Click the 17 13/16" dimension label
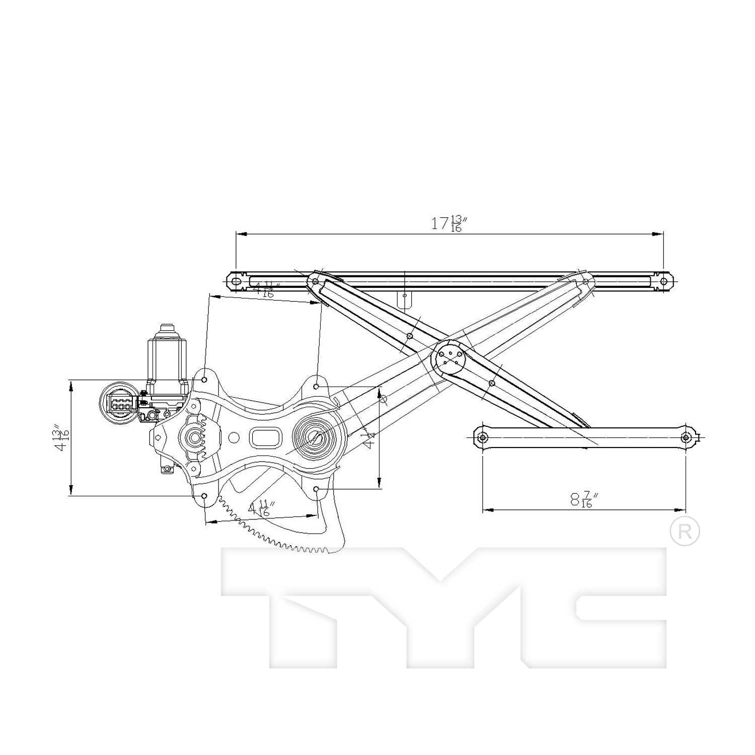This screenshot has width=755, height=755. [446, 223]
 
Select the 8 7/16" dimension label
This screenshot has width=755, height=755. [584, 499]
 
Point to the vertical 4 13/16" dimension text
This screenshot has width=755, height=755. [61, 438]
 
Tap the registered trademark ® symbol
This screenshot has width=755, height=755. [685, 531]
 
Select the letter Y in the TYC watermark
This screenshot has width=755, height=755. [440, 604]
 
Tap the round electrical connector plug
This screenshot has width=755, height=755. [119, 403]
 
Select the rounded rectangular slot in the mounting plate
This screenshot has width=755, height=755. [266, 437]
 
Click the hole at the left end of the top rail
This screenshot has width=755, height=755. [235, 281]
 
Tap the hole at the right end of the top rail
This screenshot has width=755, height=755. [663, 281]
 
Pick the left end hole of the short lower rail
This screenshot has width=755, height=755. [483, 437]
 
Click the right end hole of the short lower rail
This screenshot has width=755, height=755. [685, 437]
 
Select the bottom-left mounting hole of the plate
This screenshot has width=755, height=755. [204, 496]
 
